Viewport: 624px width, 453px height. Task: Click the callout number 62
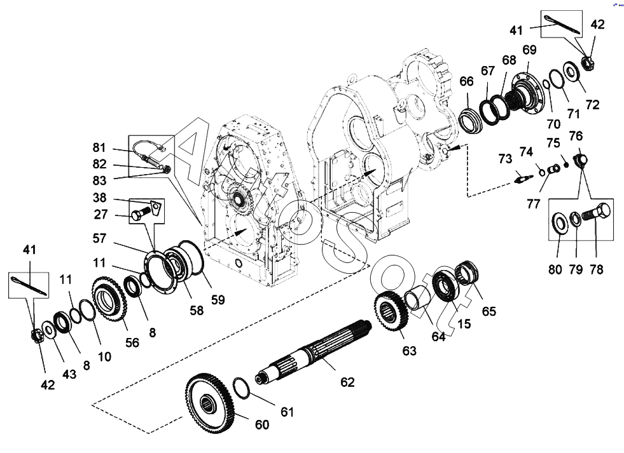coord(347,382)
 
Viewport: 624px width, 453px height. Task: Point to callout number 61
coord(288,412)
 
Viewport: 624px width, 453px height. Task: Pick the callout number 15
coord(463,324)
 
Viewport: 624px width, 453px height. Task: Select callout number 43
coord(69,374)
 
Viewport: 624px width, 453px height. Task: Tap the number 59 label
coord(218,299)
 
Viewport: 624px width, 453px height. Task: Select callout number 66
coord(466,81)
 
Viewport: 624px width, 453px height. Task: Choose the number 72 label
coord(592,105)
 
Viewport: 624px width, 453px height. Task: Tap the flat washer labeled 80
coord(560,222)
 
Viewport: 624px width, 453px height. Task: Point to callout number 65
coord(489,311)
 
